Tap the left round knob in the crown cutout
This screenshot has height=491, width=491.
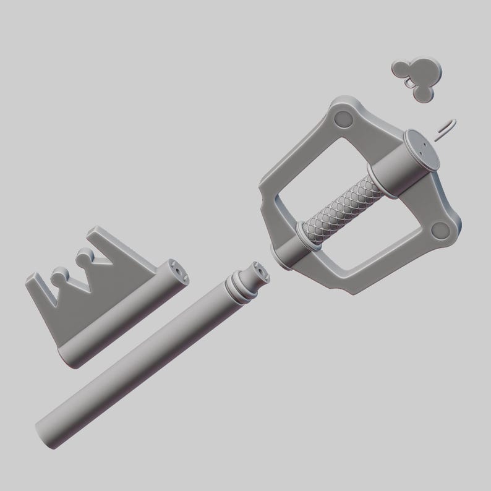tap(58, 274)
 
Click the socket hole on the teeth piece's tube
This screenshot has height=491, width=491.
tap(177, 271)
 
